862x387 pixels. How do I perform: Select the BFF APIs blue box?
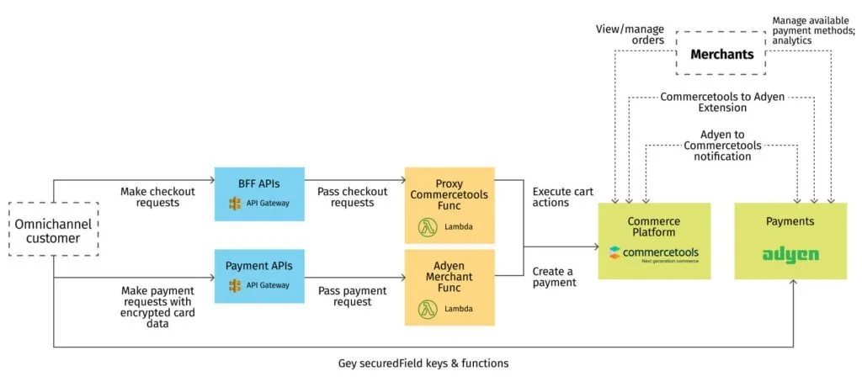point(258,193)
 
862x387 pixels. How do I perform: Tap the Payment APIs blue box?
point(258,276)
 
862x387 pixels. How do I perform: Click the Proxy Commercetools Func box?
point(450,205)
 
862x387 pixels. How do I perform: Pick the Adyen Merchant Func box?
point(450,286)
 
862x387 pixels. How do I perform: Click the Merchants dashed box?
point(721,55)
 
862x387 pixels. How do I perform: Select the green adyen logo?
point(790,254)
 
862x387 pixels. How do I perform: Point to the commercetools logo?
point(654,252)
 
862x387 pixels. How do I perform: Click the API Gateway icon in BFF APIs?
point(235,204)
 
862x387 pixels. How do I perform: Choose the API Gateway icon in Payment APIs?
point(235,286)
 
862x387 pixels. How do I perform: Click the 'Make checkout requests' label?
point(157,198)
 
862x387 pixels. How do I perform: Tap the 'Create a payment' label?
point(555,277)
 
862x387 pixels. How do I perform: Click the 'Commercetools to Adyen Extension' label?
point(721,103)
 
